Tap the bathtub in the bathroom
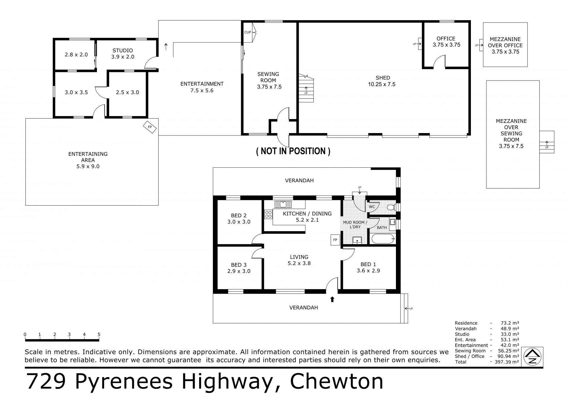coord(383,238)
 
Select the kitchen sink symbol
coord(283,204)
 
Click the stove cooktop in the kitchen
coord(268,214)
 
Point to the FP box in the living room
coord(335,240)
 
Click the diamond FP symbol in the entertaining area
coord(150,127)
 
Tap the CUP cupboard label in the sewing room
coord(247,32)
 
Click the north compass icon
coord(532,357)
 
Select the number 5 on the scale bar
coord(99,335)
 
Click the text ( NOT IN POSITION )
coord(293,151)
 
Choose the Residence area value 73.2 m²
coord(508,323)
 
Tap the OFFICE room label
coord(446,39)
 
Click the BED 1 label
coord(368,264)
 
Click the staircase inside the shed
coord(306,88)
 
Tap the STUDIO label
coord(123,50)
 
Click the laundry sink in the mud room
coord(357,240)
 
